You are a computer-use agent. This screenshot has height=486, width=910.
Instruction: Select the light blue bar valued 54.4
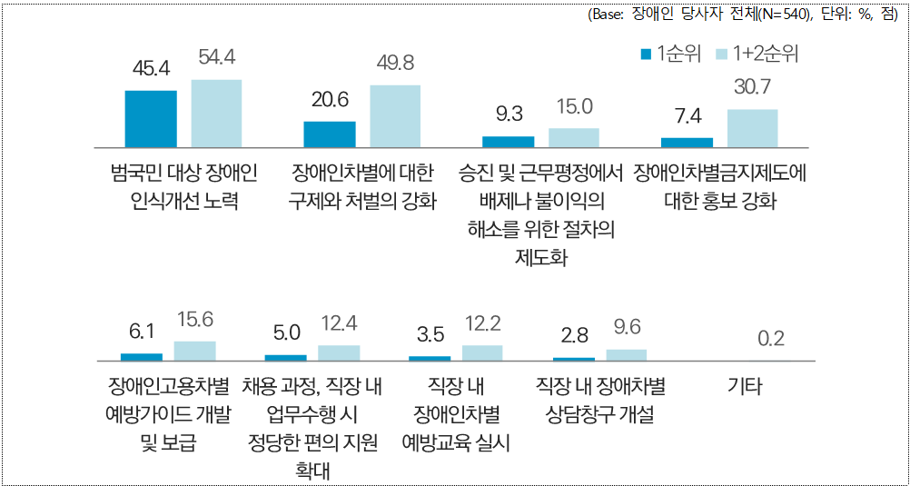pyautogui.click(x=216, y=113)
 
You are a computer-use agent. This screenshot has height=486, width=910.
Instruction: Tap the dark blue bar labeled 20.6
pyautogui.click(x=330, y=134)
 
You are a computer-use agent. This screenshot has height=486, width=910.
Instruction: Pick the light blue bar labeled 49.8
pyautogui.click(x=395, y=115)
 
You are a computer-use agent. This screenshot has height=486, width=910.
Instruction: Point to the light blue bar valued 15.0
pyautogui.click(x=574, y=137)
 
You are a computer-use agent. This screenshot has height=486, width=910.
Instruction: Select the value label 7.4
pyautogui.click(x=687, y=116)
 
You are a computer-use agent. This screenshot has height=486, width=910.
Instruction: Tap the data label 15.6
pyautogui.click(x=194, y=320)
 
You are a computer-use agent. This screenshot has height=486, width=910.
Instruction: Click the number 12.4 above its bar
pyautogui.click(x=339, y=322)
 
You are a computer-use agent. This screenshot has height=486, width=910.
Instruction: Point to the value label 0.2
pyautogui.click(x=771, y=339)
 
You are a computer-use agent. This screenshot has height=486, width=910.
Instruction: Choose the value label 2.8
pyautogui.click(x=574, y=335)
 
